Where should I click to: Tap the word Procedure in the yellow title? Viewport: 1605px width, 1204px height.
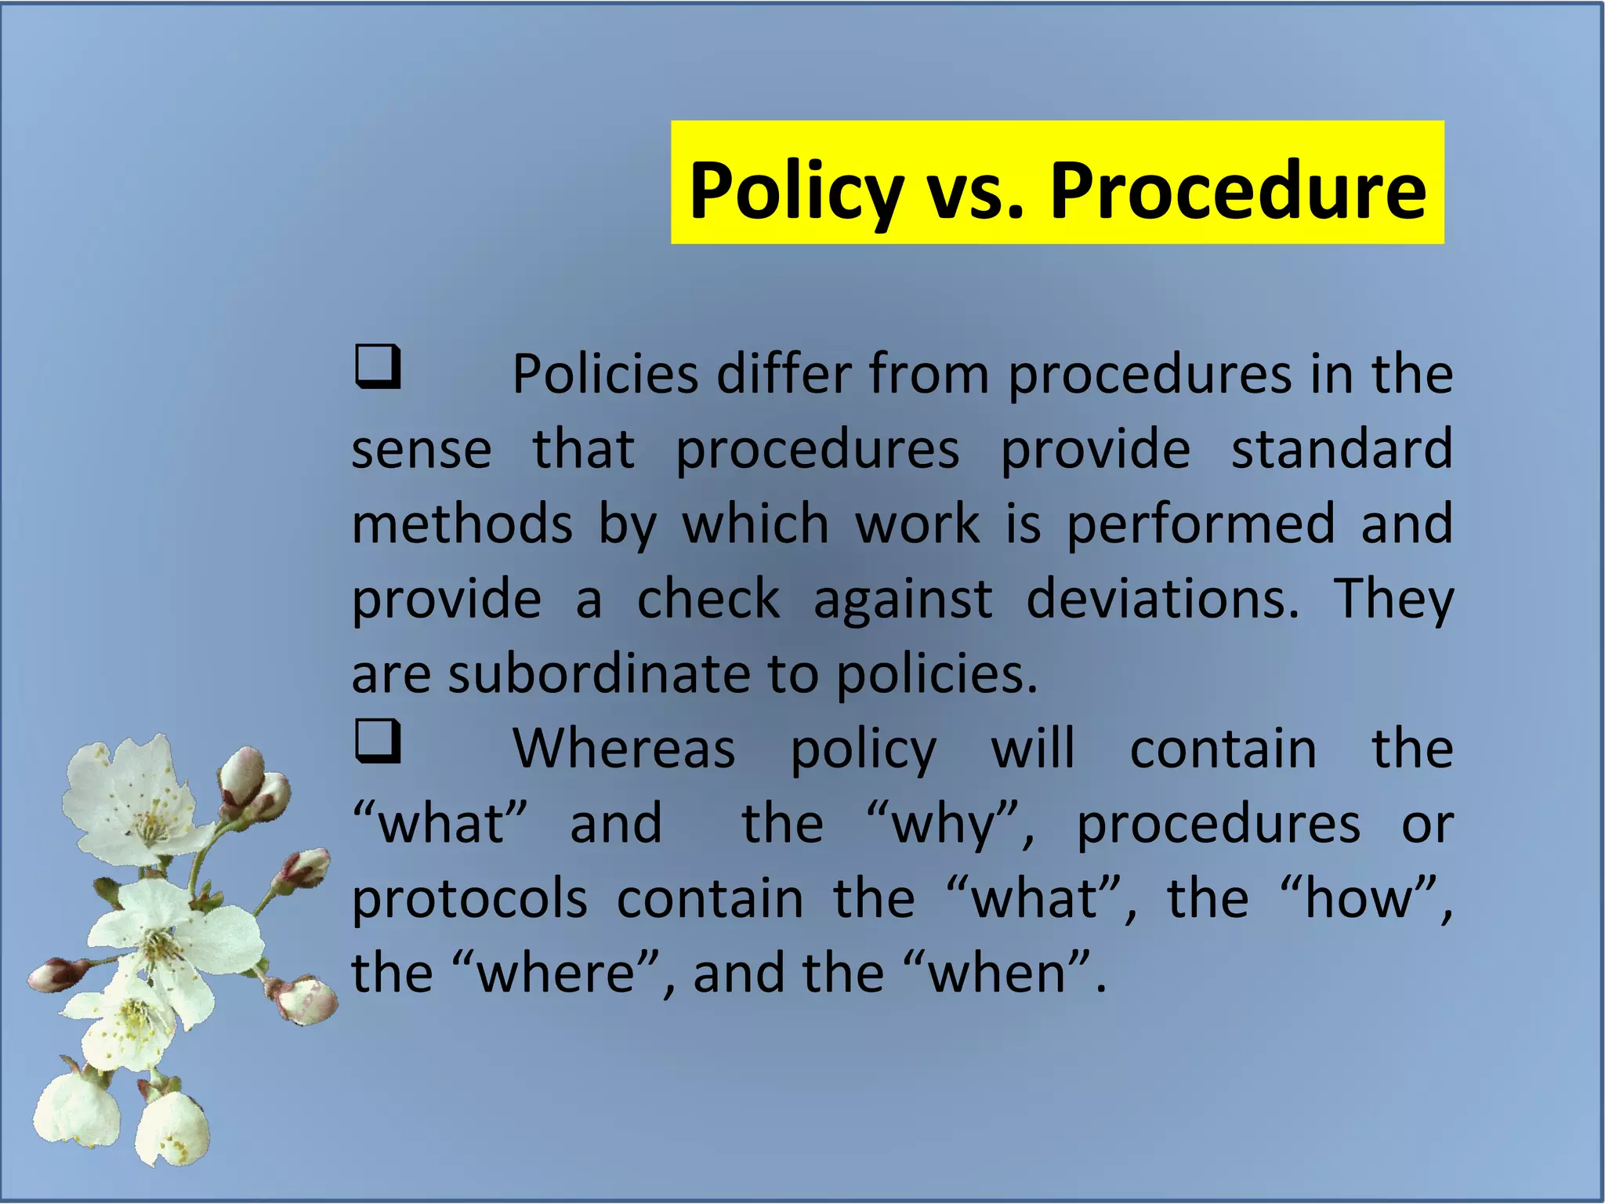[1237, 190]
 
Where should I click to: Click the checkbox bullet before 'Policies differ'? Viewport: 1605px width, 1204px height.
[378, 367]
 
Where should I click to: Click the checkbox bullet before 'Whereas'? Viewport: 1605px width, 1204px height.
[378, 742]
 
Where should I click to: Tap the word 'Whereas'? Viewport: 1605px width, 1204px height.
[624, 749]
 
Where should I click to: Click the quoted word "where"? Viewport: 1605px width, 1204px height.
[556, 973]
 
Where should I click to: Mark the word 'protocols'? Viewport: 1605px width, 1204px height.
[469, 898]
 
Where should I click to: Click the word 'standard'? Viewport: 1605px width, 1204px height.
[1342, 449]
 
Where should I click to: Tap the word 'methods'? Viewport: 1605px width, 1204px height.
[462, 524]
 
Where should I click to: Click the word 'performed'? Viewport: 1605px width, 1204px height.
[1201, 524]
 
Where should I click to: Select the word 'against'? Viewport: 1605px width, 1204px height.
[903, 599]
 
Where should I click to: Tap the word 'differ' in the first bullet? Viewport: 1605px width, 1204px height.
[783, 374]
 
